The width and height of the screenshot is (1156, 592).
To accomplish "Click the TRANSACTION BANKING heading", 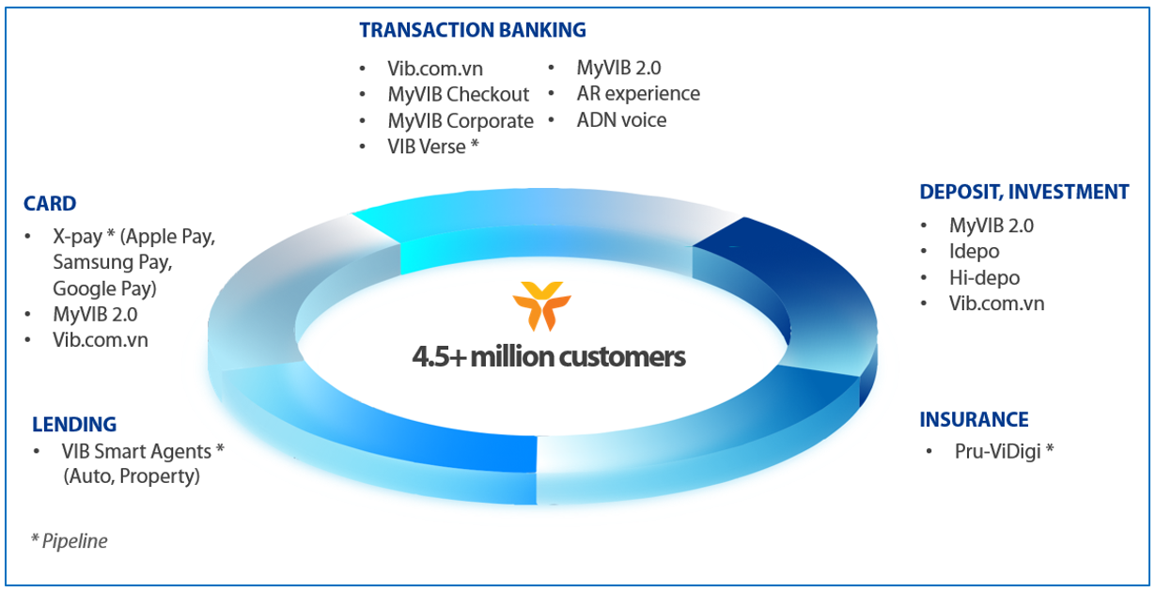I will click(472, 30).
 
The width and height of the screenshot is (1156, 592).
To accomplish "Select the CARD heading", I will click(50, 204).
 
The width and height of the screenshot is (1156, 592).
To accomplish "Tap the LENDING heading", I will click(74, 424).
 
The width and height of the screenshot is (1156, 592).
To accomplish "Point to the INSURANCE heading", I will click(974, 419).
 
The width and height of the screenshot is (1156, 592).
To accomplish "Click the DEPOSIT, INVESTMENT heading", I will click(1023, 192).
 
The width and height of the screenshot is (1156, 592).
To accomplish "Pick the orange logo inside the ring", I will click(538, 305).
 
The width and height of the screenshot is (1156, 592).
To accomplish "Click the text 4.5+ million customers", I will click(548, 357).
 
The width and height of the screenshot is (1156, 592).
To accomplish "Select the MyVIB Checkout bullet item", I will click(458, 95).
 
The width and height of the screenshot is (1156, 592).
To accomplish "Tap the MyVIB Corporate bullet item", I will click(460, 121).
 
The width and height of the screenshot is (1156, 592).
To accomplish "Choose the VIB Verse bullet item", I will click(432, 147).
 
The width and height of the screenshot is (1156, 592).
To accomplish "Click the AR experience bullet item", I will click(637, 94).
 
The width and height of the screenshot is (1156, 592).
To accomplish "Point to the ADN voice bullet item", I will click(621, 120).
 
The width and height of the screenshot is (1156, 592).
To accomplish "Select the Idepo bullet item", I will click(974, 252).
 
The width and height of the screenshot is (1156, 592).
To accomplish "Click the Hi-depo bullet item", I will click(983, 278).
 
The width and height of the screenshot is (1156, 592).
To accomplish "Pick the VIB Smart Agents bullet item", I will click(142, 451).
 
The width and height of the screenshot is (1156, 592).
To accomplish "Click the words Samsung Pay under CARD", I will click(112, 262).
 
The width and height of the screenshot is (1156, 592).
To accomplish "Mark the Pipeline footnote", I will click(70, 541).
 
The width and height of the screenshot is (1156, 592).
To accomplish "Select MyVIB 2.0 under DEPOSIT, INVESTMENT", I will click(991, 226).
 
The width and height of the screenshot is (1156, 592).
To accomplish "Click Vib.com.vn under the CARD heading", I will click(100, 340).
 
